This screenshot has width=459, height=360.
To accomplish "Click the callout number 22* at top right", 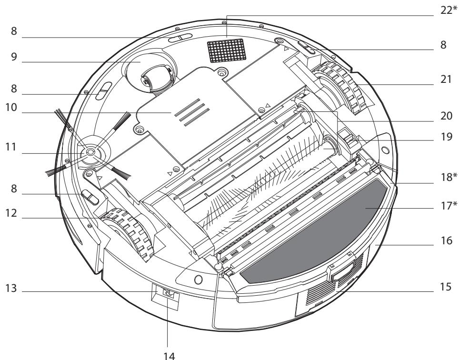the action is [x=449, y=10].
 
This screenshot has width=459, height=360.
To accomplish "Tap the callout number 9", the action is [x=14, y=57].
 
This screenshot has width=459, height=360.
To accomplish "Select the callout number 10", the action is [x=11, y=108].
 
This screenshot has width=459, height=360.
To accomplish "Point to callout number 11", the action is [x=11, y=147].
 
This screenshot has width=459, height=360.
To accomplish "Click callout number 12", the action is [x=11, y=213].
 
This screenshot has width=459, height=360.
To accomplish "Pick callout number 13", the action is [x=11, y=288].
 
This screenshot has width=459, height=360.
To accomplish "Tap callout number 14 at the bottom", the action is [x=169, y=356].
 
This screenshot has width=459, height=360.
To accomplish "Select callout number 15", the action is [x=446, y=287].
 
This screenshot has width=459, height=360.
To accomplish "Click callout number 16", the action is [x=447, y=240].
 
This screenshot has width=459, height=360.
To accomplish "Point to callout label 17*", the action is [x=449, y=206].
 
